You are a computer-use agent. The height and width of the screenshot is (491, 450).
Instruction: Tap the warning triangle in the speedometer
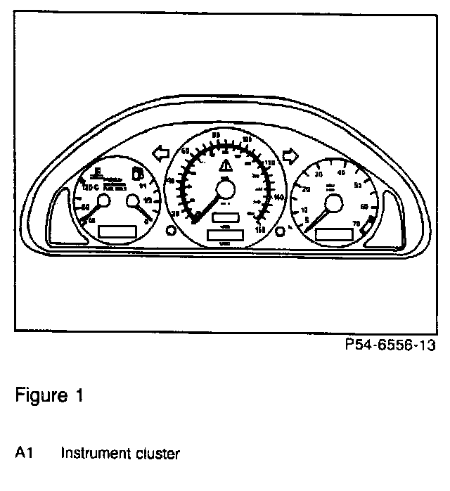[x=226, y=167]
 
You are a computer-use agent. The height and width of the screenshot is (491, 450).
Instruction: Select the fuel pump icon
[x=138, y=174]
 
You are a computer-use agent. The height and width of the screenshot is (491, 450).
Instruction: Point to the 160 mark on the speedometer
[x=262, y=229]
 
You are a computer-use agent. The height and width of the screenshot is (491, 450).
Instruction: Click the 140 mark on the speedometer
[x=279, y=198]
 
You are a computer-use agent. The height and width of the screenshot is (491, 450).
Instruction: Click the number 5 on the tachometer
[x=306, y=219]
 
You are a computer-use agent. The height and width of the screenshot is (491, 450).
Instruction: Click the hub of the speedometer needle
[x=226, y=190]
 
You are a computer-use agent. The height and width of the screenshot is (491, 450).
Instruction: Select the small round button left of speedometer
[x=170, y=231]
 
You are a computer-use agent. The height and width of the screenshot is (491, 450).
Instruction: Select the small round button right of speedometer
[x=281, y=231]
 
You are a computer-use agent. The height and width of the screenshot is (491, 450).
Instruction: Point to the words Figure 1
[x=49, y=396]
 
